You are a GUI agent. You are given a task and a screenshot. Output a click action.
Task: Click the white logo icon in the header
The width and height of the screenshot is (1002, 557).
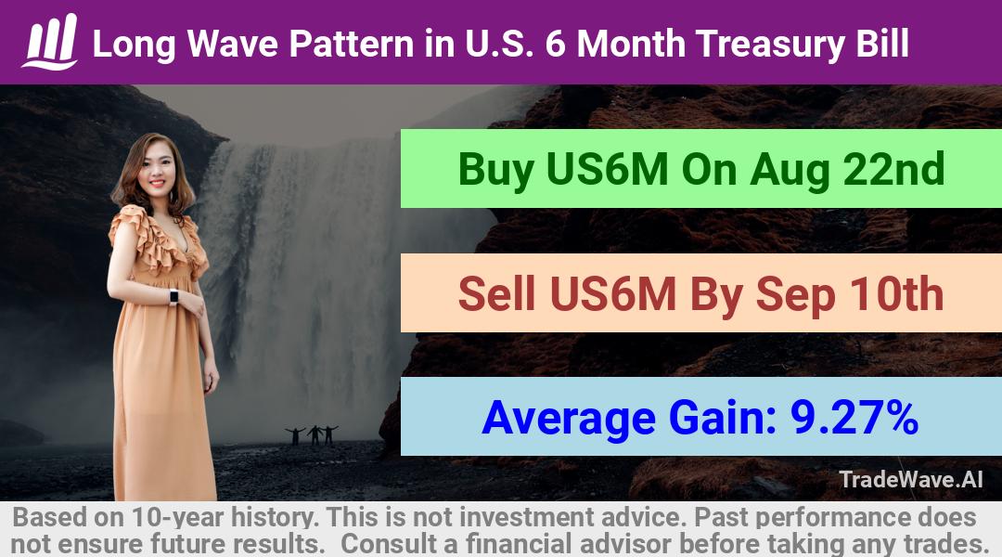click(x=50, y=42)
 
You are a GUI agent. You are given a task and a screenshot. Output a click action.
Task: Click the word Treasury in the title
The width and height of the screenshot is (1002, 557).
click(x=769, y=45)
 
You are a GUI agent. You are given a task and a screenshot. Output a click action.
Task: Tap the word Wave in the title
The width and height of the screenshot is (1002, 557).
click(x=233, y=45)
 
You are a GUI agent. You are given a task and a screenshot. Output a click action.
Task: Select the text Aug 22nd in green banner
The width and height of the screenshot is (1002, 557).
click(x=847, y=169)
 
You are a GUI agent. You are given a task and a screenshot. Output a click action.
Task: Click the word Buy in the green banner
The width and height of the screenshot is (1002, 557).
click(x=495, y=170)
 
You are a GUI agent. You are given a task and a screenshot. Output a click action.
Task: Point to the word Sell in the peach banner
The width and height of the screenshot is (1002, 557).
click(x=496, y=294)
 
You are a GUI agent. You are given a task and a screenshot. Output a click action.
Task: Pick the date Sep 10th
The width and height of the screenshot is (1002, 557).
click(x=849, y=294)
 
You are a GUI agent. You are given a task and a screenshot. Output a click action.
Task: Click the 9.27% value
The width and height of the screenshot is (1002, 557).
click(x=854, y=418)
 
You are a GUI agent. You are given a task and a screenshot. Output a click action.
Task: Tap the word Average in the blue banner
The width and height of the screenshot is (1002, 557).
click(x=569, y=419)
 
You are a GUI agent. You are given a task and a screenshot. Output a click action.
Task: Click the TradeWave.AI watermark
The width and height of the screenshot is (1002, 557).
click(x=911, y=479)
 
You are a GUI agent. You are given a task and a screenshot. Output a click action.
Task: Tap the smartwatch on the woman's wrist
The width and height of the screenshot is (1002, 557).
click(x=173, y=297)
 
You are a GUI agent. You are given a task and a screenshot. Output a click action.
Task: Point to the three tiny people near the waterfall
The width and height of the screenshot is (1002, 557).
click(x=312, y=434)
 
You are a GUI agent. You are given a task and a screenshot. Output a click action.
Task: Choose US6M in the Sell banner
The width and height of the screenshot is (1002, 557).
click(x=612, y=294)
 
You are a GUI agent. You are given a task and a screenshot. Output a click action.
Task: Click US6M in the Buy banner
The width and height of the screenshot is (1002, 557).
click(x=608, y=170)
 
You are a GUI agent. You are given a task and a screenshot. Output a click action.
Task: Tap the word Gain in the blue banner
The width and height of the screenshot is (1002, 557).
click(x=722, y=419)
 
